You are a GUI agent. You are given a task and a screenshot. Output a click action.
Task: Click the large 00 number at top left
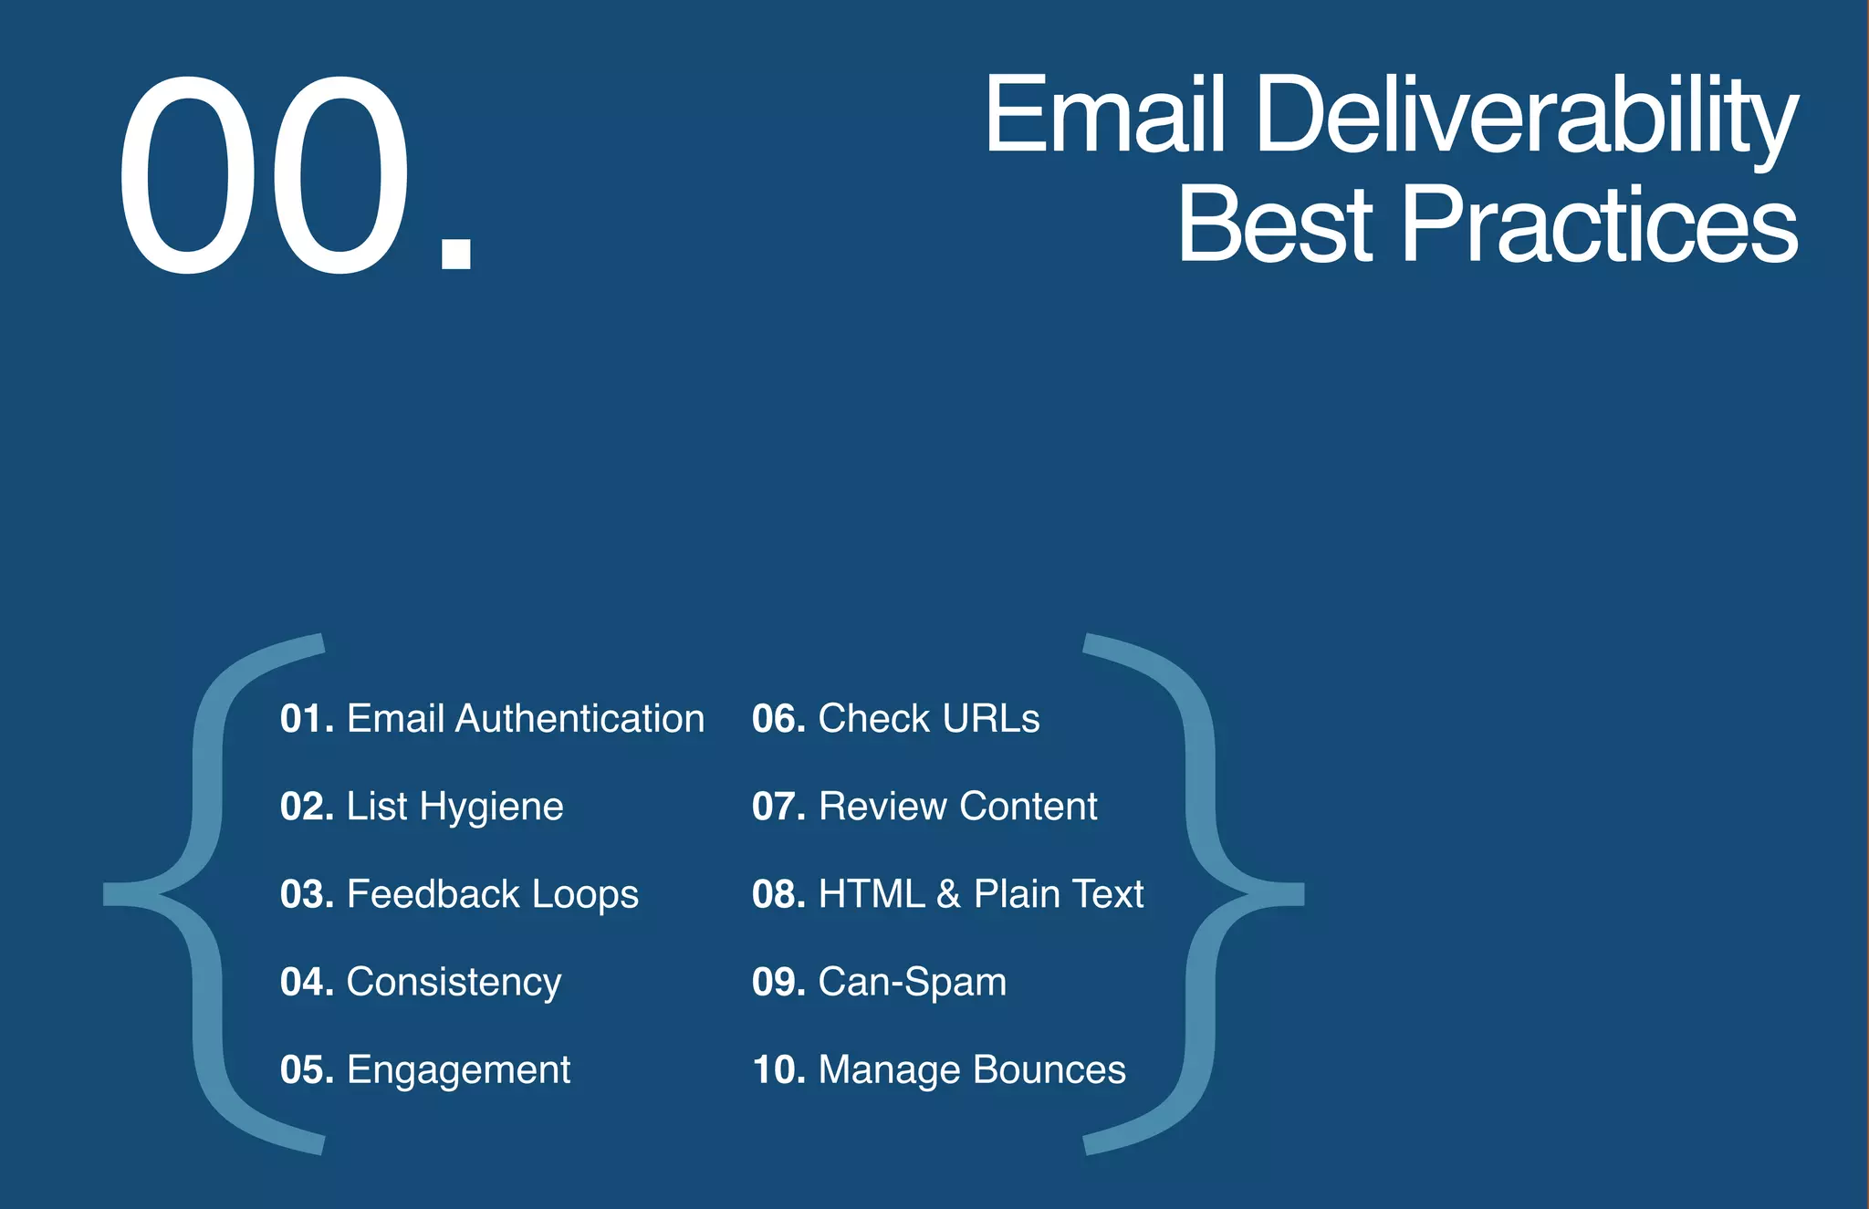265,175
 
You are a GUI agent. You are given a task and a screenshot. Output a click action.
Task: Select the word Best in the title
1274,224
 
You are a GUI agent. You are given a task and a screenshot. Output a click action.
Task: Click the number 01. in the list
308,719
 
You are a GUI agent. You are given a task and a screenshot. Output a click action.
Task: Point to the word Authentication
579,719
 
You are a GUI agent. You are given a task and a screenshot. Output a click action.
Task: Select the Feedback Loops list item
459,894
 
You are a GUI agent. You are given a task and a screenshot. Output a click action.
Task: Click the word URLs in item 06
991,719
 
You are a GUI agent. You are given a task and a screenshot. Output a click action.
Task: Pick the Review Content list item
924,807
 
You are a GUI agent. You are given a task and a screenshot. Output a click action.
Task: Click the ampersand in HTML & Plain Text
948,894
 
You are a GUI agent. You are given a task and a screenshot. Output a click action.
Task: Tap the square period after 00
456,254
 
